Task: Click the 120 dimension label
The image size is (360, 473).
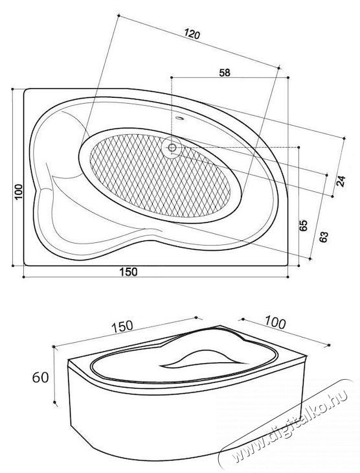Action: coord(192,34)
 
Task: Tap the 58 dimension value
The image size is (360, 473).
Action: coord(224,73)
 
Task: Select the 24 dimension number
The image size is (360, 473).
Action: coord(341,181)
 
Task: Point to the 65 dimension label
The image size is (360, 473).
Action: coord(303,225)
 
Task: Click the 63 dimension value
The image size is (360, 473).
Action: coord(324,236)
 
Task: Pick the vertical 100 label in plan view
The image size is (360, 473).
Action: coord(19,192)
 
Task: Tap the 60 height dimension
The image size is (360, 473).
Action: coord(40,377)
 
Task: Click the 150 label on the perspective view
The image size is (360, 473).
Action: coord(122,327)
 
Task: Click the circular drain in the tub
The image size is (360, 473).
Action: coord(172,148)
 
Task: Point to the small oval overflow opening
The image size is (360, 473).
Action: coord(180,118)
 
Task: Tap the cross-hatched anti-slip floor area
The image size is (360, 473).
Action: coord(160,175)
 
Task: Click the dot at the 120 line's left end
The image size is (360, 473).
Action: coord(118,15)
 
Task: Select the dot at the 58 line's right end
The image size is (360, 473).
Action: coord(289,78)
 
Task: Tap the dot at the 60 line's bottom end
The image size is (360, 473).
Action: coord(54,402)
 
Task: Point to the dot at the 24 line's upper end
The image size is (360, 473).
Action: coord(344,138)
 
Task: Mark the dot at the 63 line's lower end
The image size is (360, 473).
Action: coord(310,259)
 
